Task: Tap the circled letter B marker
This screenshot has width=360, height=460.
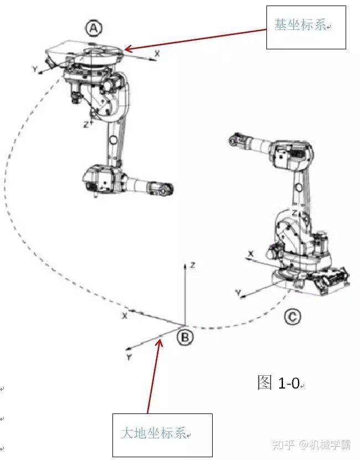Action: coord(186,338)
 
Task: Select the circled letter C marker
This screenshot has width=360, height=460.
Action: coord(292,317)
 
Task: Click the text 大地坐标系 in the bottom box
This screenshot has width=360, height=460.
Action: coord(153,433)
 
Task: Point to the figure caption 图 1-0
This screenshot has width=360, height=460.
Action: coord(279,382)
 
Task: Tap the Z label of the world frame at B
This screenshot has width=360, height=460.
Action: coord(193,265)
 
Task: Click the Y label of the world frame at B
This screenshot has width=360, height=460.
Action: coord(129,357)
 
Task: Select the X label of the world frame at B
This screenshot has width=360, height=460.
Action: coord(125,316)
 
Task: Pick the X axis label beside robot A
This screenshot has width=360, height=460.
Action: coord(157,54)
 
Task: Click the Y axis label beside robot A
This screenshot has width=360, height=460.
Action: coord(35,69)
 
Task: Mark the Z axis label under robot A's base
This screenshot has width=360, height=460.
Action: coord(86,125)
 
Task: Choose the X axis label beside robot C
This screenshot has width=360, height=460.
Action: coord(251,254)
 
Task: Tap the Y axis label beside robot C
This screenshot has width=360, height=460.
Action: coord(238,292)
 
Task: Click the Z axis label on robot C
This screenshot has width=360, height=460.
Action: coord(295,213)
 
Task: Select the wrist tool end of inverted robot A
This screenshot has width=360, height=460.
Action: coord(164,188)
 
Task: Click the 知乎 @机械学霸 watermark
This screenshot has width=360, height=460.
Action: coord(311,444)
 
